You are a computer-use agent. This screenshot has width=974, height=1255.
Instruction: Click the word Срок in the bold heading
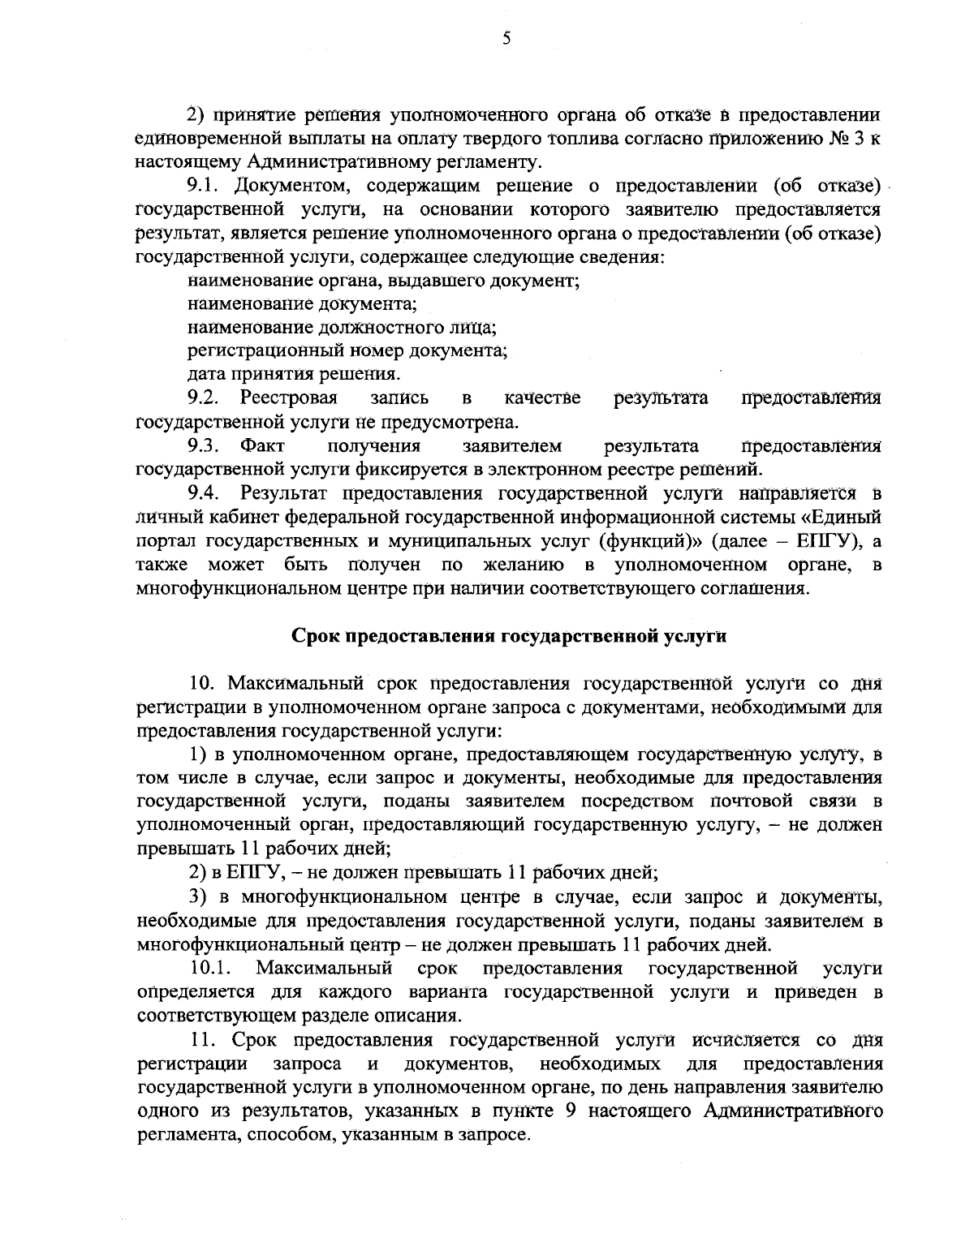tap(317, 636)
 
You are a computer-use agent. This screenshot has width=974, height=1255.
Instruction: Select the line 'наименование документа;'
tap(302, 305)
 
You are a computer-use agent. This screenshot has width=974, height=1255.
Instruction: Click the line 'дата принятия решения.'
tap(293, 375)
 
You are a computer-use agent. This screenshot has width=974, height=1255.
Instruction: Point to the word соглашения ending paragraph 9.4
tap(758, 587)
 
